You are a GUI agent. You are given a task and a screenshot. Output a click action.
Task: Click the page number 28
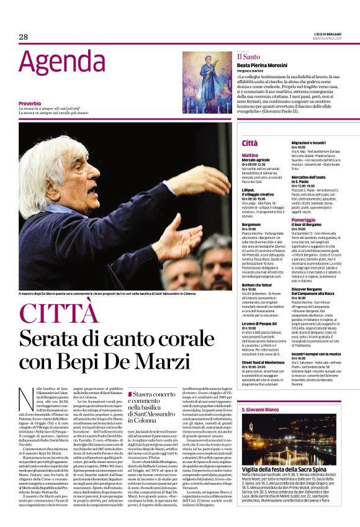[24, 37]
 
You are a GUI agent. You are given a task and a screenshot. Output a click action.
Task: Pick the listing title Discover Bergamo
[307, 289]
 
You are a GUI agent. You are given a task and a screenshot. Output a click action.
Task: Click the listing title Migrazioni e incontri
[313, 142]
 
